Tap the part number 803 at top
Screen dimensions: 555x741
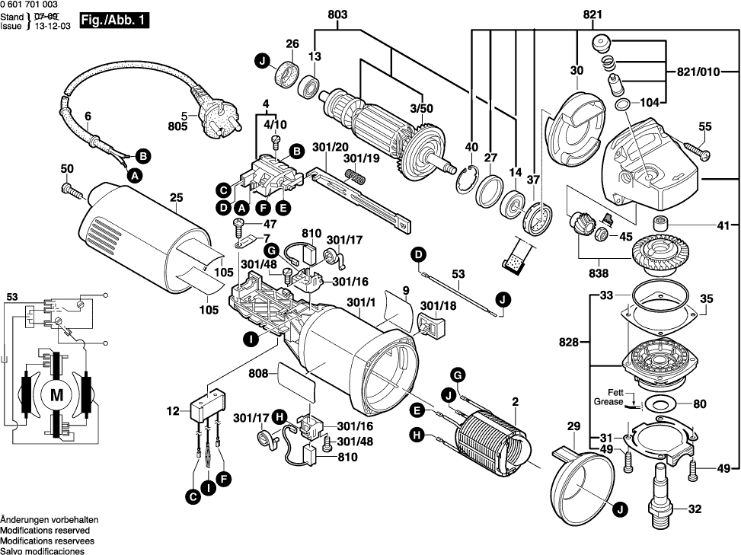[337, 14]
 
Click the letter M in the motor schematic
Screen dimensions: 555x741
[56, 395]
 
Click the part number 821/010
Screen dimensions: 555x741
[698, 73]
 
